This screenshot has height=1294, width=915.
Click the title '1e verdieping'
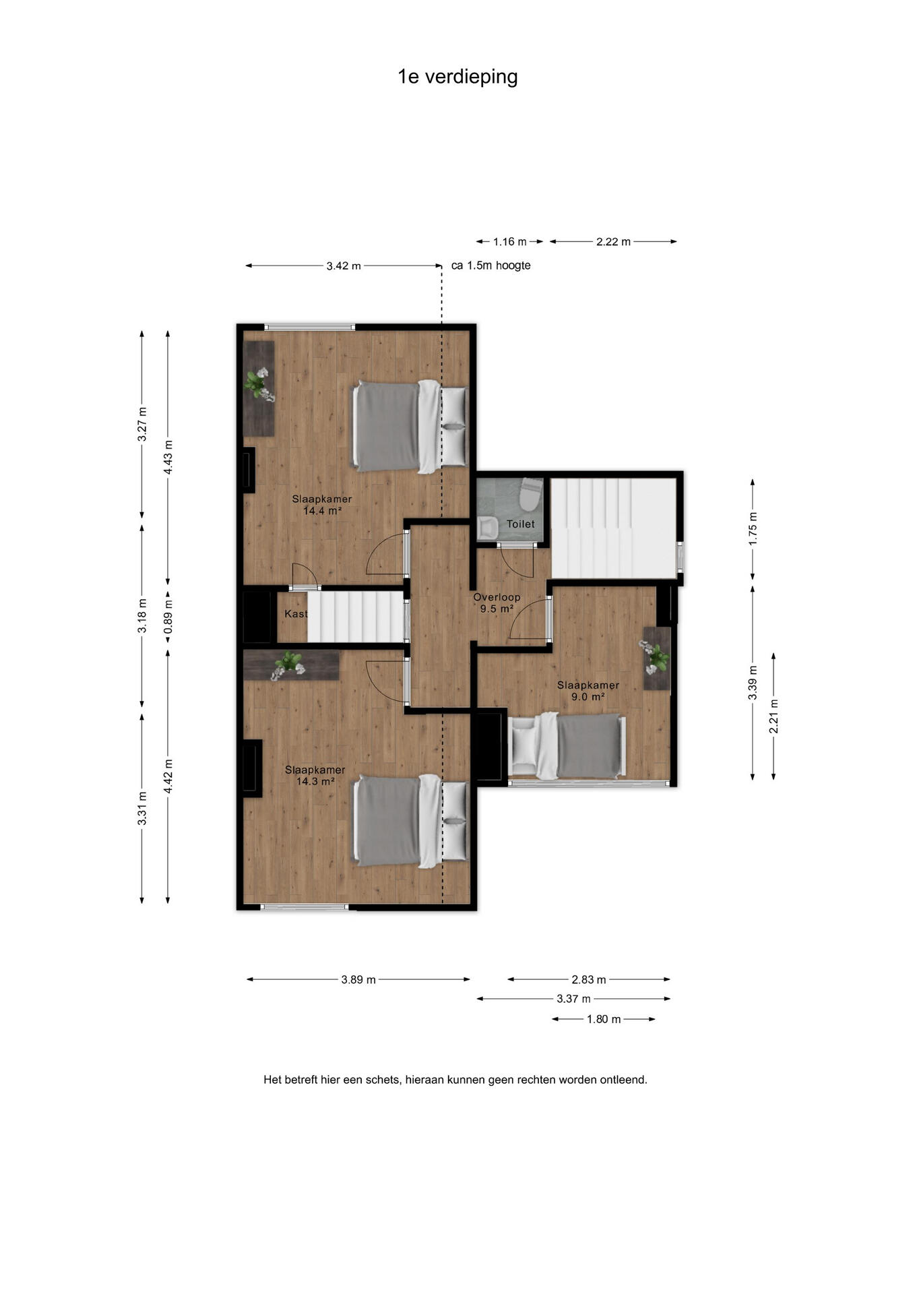tap(458, 77)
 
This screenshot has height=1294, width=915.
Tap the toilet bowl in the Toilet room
tap(531, 495)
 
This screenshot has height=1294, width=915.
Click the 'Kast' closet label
tap(296, 614)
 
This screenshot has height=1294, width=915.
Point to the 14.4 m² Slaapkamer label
tap(321, 505)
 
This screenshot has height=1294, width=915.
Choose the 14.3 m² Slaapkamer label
tap(315, 776)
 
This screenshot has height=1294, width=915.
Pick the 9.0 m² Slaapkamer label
tap(588, 691)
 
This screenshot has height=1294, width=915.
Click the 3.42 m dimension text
tap(344, 266)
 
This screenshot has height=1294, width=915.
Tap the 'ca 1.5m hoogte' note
tap(491, 266)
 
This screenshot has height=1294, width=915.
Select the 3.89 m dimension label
tap(358, 980)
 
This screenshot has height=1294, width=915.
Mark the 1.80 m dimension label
tap(604, 1019)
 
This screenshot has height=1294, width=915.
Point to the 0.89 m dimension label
tap(168, 614)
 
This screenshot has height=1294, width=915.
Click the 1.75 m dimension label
tap(753, 529)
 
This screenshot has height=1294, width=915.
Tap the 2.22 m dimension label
tap(613, 242)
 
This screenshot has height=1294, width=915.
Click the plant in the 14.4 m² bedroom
tap(257, 384)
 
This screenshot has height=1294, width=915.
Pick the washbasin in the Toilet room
tap(487, 528)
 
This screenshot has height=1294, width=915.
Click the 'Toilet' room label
tap(521, 524)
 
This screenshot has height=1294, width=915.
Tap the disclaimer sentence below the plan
tap(455, 1080)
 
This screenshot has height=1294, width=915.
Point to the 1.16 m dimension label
tap(510, 242)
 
